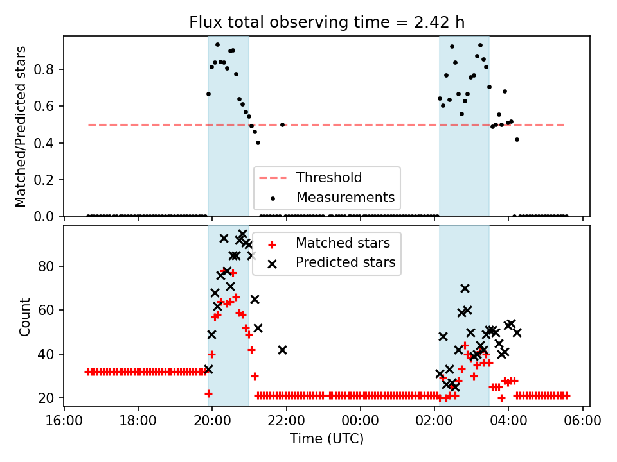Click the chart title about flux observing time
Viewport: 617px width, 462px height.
tap(326, 22)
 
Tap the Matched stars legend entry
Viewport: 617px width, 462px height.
tap(343, 243)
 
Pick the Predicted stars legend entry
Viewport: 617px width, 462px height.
tap(345, 262)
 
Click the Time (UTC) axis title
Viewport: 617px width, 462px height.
tap(326, 439)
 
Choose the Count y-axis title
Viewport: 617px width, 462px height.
tap(25, 316)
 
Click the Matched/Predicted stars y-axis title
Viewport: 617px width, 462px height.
tap(21, 126)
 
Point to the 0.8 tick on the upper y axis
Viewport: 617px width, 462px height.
tap(48, 69)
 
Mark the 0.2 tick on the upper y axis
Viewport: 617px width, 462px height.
tap(48, 180)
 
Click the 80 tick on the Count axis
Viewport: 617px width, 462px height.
tap(50, 266)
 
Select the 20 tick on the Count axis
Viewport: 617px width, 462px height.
tap(50, 398)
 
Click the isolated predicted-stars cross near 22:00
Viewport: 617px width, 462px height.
tap(282, 350)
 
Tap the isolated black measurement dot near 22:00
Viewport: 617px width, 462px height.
tap(282, 124)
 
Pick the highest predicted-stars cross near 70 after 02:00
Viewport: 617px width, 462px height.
tap(465, 288)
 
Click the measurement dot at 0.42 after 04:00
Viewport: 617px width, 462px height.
tap(517, 139)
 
